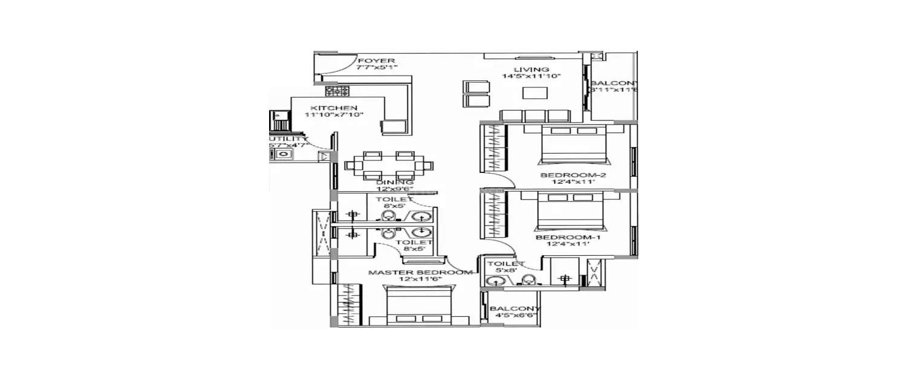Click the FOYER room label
pyautogui.click(x=376, y=61)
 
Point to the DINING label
pyautogui.click(x=394, y=182)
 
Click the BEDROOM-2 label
pyautogui.click(x=573, y=176)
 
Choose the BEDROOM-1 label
pyautogui.click(x=568, y=238)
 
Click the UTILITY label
pyautogui.click(x=284, y=139)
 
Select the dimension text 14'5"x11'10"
pyautogui.click(x=532, y=77)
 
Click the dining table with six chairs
pyautogui.click(x=388, y=165)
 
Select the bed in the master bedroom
pyautogui.click(x=419, y=307)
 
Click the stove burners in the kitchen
pyautogui.click(x=337, y=91)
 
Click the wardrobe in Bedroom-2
pyautogui.click(x=495, y=149)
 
